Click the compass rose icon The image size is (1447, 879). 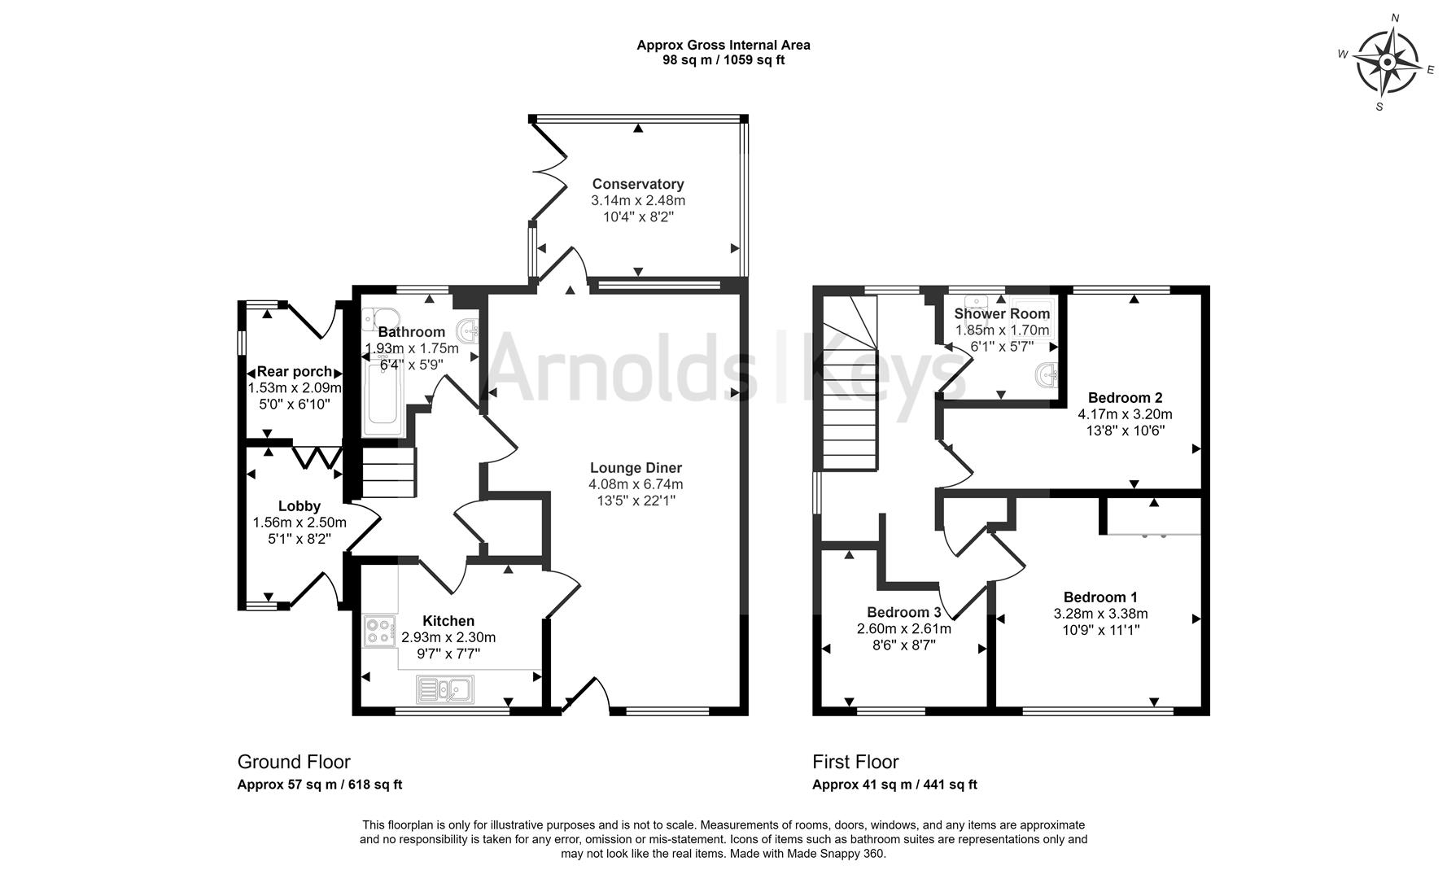point(1388,62)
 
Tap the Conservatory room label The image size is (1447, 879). point(637,185)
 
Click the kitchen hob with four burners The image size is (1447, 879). point(378,632)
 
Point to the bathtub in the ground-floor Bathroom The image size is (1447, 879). point(381,398)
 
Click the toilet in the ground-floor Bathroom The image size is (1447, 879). point(379,317)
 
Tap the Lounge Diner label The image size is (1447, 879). point(636,468)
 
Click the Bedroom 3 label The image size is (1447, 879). point(903,612)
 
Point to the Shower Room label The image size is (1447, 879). point(1002,313)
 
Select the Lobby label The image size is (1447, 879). point(299,506)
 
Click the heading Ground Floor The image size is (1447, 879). point(294,762)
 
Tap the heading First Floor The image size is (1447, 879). point(855,762)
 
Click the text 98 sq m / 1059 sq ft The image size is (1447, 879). point(723,59)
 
